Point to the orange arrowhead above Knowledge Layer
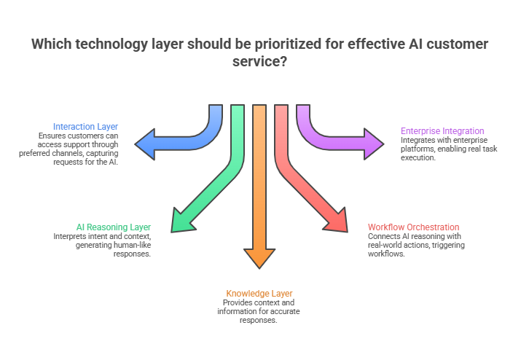260,257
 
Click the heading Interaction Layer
85,126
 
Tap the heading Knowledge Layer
259,294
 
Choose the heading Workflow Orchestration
413,227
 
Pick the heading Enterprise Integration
442,131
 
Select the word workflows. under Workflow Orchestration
390,254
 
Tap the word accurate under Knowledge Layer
285,312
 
